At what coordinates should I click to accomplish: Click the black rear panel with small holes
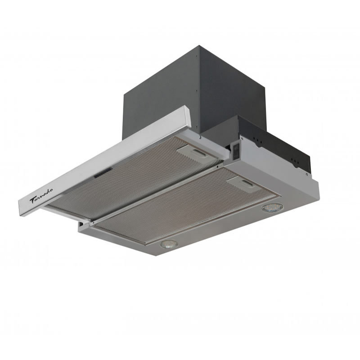[279, 144]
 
